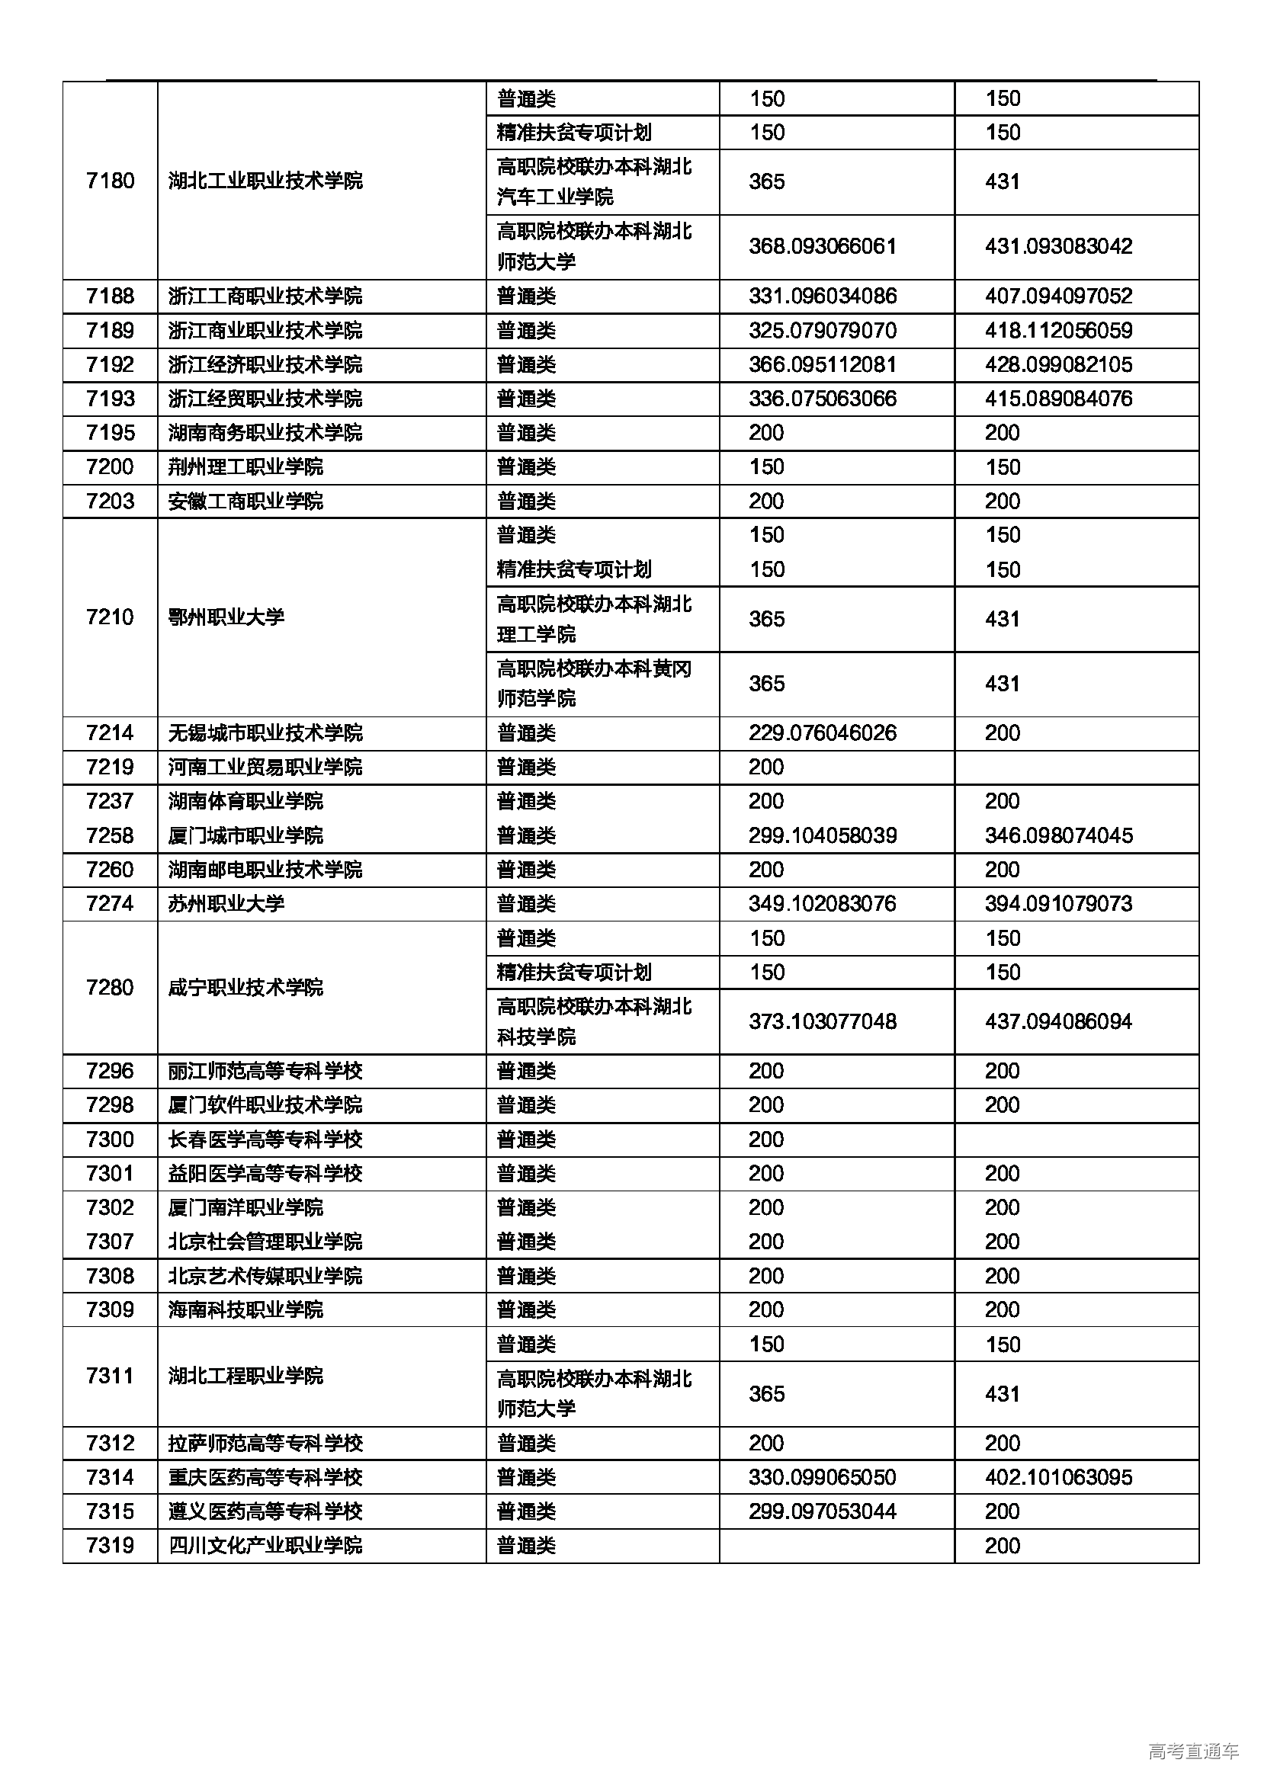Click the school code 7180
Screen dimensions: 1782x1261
tap(111, 181)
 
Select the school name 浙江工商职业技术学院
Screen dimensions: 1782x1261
tap(265, 296)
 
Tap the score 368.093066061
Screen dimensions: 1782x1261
tap(823, 247)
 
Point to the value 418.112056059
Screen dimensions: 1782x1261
tap(1058, 331)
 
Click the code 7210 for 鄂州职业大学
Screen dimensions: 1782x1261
tap(111, 617)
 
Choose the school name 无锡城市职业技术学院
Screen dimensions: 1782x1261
tap(265, 732)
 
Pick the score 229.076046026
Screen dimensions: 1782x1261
tap(823, 732)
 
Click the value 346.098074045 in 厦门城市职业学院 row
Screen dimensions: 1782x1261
tap(1058, 835)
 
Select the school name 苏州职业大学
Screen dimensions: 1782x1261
tap(226, 903)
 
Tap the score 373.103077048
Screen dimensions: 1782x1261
tap(823, 1021)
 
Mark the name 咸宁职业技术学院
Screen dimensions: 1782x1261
tap(245, 987)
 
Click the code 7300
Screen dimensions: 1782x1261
tap(111, 1139)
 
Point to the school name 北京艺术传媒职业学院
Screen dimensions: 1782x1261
tap(265, 1276)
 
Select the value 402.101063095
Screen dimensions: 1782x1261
tap(1058, 1477)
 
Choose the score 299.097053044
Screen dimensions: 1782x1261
tap(823, 1511)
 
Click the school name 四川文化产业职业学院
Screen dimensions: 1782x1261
tap(265, 1545)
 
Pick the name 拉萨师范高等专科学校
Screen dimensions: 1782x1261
tap(265, 1443)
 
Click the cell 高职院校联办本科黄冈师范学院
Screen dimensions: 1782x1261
tap(594, 683)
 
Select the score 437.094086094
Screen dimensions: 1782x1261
tap(1058, 1021)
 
